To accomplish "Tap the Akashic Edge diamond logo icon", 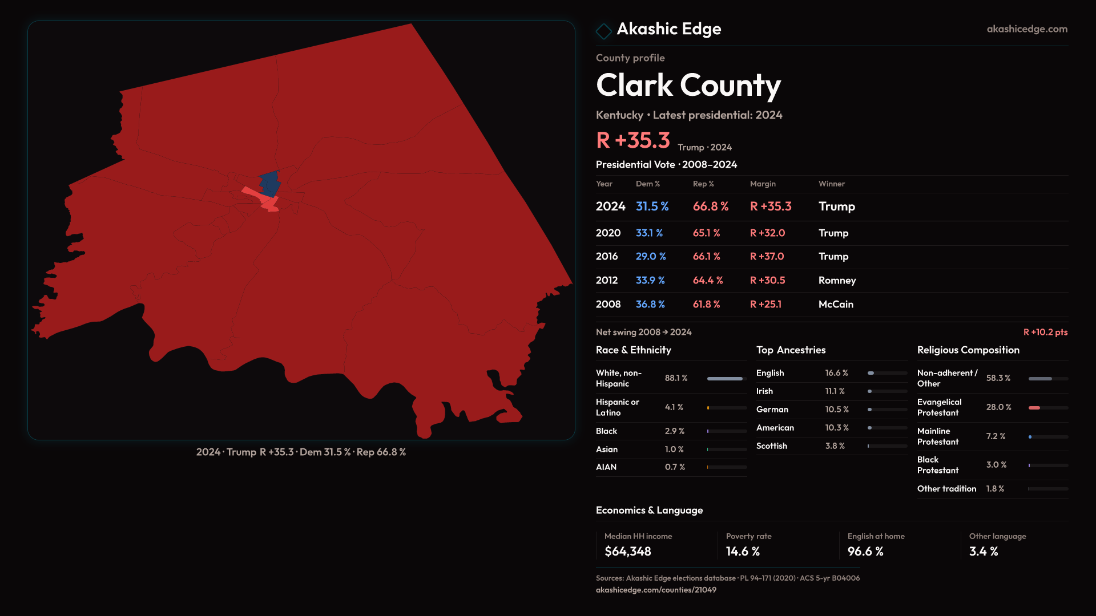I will [x=603, y=31].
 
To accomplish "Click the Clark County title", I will [x=688, y=86].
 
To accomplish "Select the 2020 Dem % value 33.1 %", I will [x=649, y=233].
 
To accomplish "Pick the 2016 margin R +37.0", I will [x=767, y=257].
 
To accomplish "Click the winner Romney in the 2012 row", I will [x=837, y=281].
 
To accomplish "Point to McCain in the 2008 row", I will [x=836, y=305].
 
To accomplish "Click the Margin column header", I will [x=763, y=184].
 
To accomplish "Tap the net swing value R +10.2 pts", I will [x=1045, y=332].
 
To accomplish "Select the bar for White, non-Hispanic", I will [x=725, y=379].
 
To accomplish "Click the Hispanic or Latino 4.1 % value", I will [x=674, y=407].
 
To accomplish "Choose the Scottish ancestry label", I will [x=771, y=446].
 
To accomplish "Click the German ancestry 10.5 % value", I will [x=837, y=410].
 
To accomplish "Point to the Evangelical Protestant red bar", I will [x=1034, y=408].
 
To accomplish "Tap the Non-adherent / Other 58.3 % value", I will [x=998, y=378].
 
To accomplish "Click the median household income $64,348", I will [x=627, y=552].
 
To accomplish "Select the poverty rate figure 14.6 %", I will [x=743, y=552].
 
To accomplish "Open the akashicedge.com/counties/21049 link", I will [x=656, y=590].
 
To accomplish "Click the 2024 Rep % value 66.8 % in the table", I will [x=710, y=206].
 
